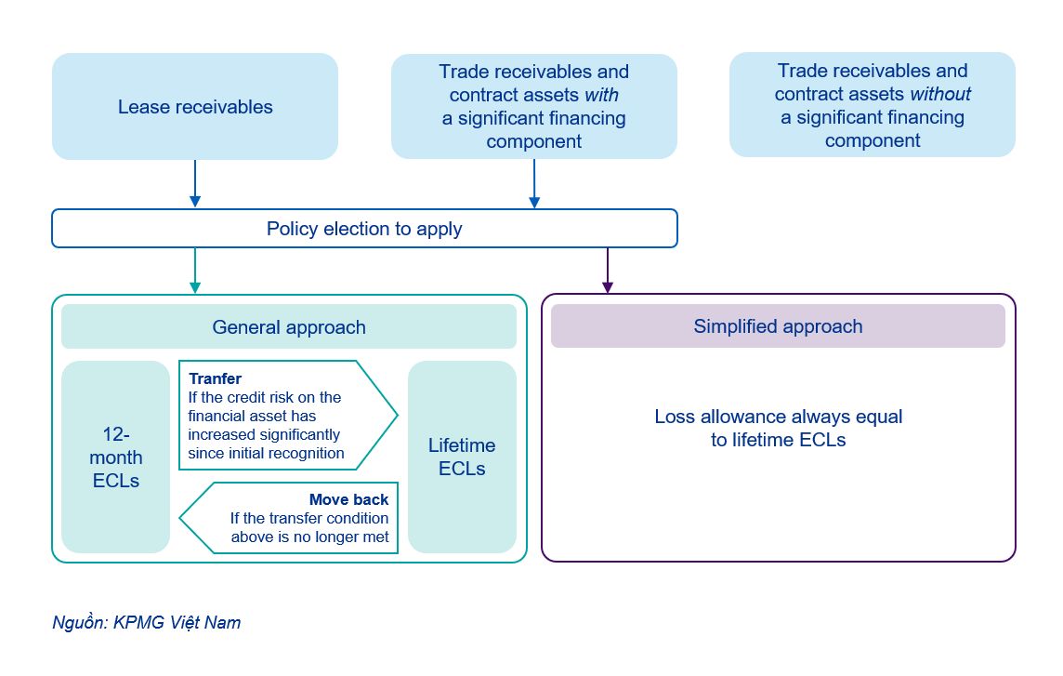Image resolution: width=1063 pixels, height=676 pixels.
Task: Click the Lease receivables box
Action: point(195,107)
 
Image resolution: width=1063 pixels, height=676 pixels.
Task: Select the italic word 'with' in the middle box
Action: point(601,95)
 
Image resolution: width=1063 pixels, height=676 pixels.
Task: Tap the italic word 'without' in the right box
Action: point(939,94)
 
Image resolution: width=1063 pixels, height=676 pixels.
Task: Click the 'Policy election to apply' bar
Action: point(364,229)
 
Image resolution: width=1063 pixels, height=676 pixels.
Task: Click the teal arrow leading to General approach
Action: point(194,271)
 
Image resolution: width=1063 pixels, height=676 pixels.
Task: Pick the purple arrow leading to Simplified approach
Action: point(607,271)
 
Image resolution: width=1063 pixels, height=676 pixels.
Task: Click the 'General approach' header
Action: point(289,327)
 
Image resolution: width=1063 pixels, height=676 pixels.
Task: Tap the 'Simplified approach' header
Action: point(778,326)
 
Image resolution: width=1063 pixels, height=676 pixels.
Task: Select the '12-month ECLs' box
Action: point(116,457)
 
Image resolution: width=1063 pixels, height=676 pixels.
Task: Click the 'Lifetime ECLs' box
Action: point(462,457)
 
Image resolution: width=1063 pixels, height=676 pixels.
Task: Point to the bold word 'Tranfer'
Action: point(215,378)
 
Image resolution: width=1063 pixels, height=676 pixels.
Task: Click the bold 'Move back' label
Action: point(348,500)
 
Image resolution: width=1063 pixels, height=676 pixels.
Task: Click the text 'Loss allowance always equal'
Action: point(778,417)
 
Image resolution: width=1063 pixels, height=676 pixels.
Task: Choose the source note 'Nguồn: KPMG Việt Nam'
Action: point(146,623)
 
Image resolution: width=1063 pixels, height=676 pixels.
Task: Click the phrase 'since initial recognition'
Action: point(266,454)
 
